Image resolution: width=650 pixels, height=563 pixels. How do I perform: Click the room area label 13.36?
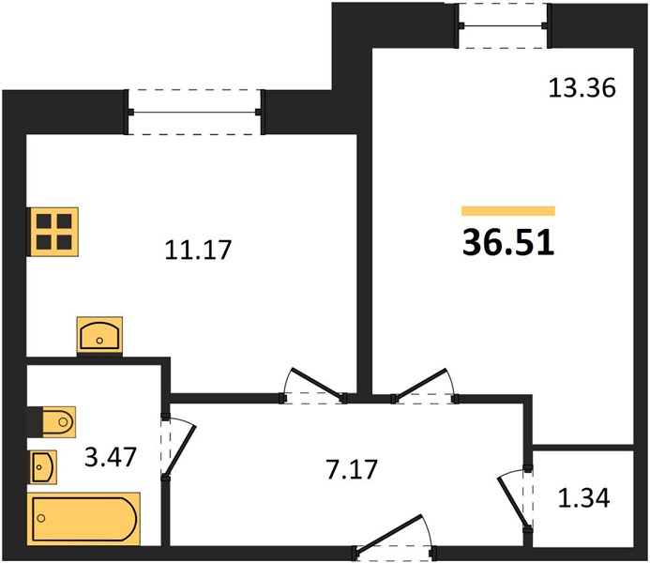point(582,88)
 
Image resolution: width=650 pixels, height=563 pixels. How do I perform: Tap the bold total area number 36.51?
point(508,243)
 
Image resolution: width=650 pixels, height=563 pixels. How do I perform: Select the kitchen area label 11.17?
point(198,250)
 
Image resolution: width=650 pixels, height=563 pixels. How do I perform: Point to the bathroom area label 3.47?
point(111,457)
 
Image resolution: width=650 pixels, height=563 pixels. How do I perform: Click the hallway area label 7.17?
point(352,469)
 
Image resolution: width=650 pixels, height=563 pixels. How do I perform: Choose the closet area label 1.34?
point(583,498)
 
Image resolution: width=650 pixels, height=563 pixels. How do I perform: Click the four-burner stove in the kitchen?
point(53,232)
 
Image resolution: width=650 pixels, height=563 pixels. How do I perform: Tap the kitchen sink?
point(99,335)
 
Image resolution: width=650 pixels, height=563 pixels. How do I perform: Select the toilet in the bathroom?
point(52,422)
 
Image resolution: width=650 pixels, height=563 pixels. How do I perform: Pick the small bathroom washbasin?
point(43,466)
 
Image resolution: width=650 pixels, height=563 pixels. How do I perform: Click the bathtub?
point(83,519)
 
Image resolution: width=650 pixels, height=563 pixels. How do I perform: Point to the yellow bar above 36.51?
point(508,211)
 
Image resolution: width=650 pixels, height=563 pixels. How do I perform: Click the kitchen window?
point(194,112)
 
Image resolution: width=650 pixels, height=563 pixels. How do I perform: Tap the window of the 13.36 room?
point(504,25)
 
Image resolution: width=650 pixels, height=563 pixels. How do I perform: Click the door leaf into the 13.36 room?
point(419,384)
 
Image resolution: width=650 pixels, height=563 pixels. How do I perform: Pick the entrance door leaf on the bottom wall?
point(388,534)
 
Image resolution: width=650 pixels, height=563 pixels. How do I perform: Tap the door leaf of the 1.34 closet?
point(512,503)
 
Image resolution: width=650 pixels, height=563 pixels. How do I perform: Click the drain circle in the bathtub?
point(41,518)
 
